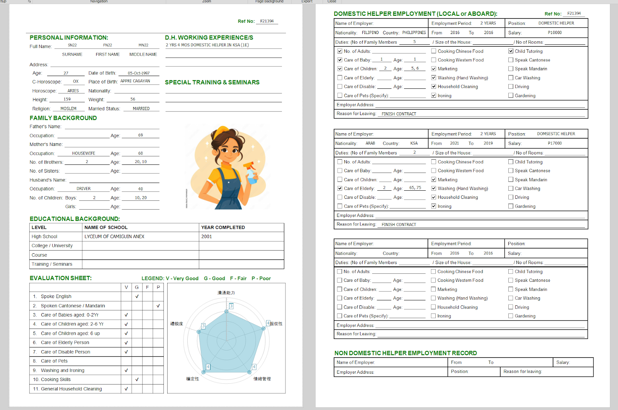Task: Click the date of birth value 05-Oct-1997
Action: [x=139, y=73]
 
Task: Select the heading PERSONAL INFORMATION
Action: [x=69, y=37]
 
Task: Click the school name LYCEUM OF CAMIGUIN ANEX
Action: [x=114, y=237]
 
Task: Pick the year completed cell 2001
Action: [x=207, y=237]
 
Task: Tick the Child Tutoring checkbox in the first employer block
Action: [x=511, y=51]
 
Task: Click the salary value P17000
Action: [x=555, y=143]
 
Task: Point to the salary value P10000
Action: [x=555, y=32]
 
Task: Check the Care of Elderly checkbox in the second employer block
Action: [x=340, y=188]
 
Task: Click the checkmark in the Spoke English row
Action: [x=137, y=296]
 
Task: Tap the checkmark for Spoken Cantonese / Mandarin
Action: [x=158, y=306]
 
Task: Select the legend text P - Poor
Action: [x=261, y=278]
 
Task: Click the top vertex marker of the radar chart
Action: [x=227, y=311]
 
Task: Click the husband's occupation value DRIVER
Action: [x=83, y=189]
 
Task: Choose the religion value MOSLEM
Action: [x=68, y=108]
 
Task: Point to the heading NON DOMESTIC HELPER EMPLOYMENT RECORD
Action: [x=406, y=353]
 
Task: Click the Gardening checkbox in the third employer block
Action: [x=511, y=316]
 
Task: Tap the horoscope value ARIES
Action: [x=73, y=91]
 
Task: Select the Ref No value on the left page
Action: [x=267, y=21]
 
